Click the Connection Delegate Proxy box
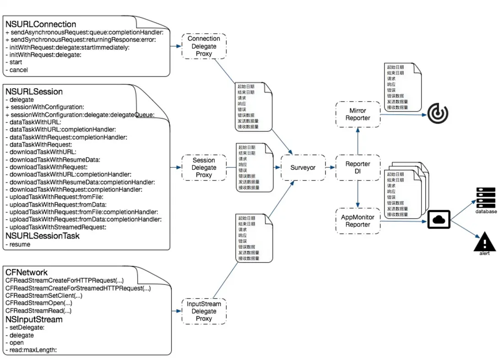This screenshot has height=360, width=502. pos(204,46)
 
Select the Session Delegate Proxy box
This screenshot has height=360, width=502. pos(204,168)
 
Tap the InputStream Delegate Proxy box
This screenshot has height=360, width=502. pos(204,312)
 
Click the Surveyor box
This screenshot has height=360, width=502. pos(303,168)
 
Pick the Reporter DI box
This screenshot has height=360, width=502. pos(358,168)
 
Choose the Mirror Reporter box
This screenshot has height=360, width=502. pos(358,114)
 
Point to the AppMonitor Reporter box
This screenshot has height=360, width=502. pos(358,221)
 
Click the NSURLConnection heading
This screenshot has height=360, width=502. pos(41,24)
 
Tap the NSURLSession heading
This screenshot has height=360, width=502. pos(34,92)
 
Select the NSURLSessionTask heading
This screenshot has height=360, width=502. pos(42,236)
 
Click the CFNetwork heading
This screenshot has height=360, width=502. pos(27,273)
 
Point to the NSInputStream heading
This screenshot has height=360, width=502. pos(34,319)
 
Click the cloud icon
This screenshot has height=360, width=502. pos(439,220)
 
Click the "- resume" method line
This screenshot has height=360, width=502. pos(18,244)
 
